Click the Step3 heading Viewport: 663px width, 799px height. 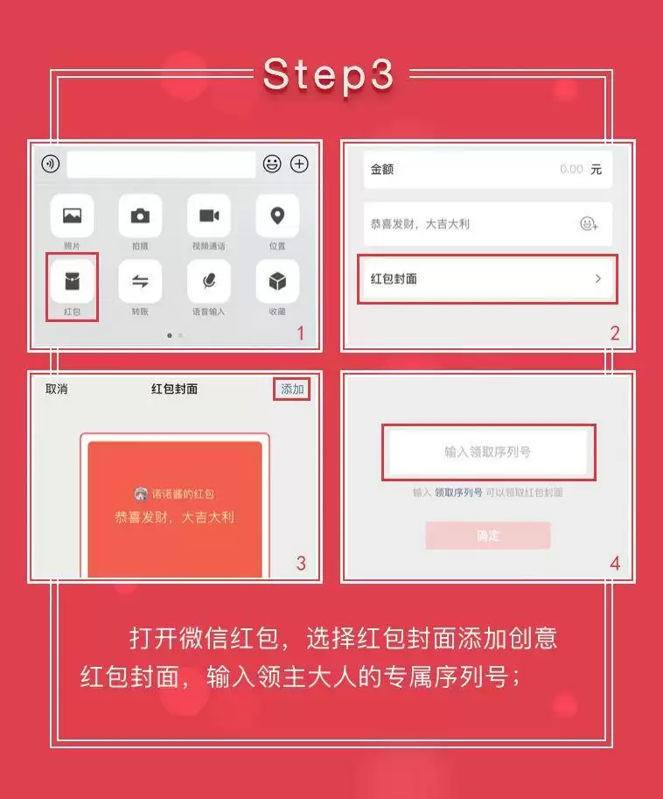coord(330,75)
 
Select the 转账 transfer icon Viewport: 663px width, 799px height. coord(140,281)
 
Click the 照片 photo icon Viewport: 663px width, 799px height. coord(72,215)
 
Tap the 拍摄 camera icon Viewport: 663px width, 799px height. coord(140,215)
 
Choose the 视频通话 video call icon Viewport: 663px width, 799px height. coord(208,215)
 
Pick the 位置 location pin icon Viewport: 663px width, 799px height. coord(277,215)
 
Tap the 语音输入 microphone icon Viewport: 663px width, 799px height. coord(208,281)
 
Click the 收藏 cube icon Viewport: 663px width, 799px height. coord(277,281)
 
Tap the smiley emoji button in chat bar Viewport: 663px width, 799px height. coord(272,164)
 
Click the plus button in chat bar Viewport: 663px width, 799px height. coord(299,164)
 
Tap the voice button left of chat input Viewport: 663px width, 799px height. coord(50,164)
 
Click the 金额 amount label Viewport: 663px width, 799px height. coord(382,169)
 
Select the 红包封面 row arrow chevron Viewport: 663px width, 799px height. coord(598,278)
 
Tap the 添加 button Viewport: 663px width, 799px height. coord(292,389)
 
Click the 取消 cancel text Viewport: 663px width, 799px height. coord(56,389)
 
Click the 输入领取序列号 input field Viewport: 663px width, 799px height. coord(488,452)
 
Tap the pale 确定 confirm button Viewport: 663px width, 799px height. coord(488,536)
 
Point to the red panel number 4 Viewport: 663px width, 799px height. coord(614,564)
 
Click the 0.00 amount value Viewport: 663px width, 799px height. coord(571,169)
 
